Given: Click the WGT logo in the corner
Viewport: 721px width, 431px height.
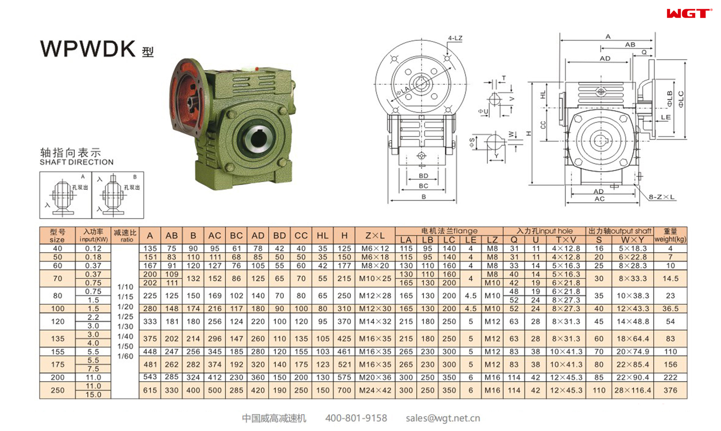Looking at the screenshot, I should coord(689,14).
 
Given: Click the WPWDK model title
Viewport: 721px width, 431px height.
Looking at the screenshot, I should coord(88,49).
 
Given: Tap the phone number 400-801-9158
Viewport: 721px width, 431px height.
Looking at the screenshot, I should coord(356,418).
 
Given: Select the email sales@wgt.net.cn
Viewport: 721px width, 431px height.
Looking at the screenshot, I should coord(443,418).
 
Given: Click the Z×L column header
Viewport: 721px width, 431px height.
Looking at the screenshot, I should coord(375,236).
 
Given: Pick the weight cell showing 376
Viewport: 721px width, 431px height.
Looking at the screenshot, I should coord(670,390).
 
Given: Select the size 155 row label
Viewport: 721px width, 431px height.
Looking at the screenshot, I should coord(57,352).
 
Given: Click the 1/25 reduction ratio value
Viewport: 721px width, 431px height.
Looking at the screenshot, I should coord(125,317).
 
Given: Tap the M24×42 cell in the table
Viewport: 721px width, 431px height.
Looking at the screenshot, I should coord(375,390).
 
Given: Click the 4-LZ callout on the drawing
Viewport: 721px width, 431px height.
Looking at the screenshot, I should coord(455,38).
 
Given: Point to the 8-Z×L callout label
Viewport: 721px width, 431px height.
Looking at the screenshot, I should coord(661,197).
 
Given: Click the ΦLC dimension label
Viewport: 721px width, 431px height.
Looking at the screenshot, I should coord(681,99).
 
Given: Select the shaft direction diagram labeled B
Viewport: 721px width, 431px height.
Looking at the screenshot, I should coord(118,195).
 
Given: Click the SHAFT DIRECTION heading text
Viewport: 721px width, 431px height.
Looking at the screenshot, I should coord(76,162).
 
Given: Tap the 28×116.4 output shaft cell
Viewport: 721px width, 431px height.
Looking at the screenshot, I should coord(632,390).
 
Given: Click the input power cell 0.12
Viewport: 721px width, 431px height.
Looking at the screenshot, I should coord(93,248).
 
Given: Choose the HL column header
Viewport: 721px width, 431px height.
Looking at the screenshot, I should coord(322,236).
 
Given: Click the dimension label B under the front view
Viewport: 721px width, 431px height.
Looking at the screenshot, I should coord(423,197).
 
